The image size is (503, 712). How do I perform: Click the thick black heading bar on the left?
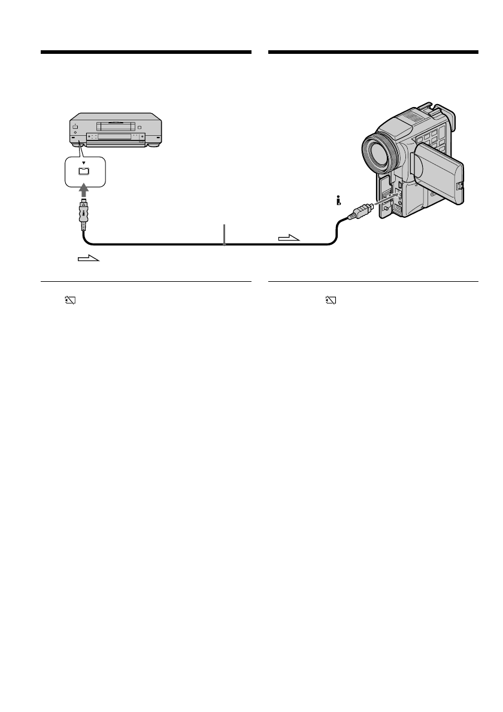point(146,53)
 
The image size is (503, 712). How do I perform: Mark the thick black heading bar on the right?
point(373,53)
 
